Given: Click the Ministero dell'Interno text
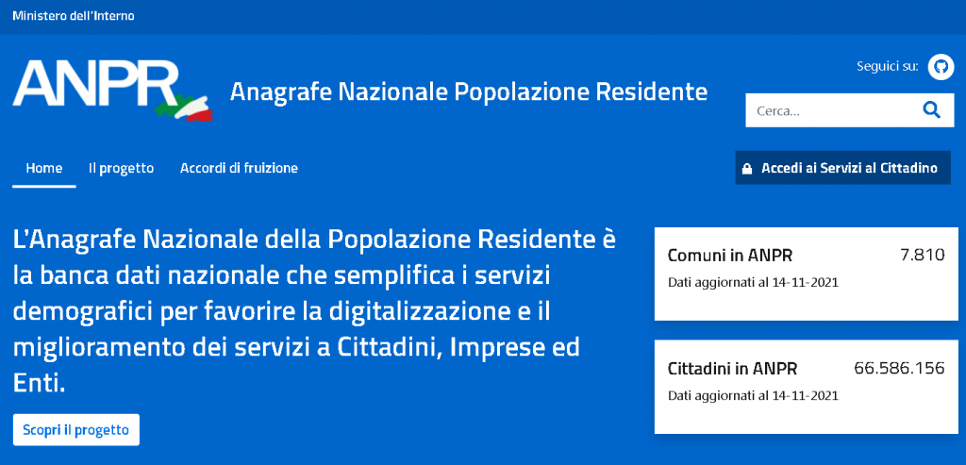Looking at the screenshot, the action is [74, 16].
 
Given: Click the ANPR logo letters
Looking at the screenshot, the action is [95, 84].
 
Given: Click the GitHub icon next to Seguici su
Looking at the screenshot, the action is [941, 67].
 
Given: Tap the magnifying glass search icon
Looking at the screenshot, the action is [931, 110].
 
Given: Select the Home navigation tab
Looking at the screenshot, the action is [44, 168].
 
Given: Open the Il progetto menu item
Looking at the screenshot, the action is [121, 168].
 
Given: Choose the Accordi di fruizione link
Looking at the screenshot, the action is [239, 168].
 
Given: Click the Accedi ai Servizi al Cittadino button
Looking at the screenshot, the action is [842, 168].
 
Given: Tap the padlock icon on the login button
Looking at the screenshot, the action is [747, 169].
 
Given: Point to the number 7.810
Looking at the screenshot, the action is [921, 255].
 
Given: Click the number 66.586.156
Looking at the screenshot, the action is [899, 368].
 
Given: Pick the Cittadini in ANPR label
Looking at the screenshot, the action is [732, 370].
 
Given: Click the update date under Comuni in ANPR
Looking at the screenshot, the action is [753, 283].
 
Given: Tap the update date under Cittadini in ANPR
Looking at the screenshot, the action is [753, 395].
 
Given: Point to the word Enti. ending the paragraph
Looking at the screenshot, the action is [38, 385].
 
